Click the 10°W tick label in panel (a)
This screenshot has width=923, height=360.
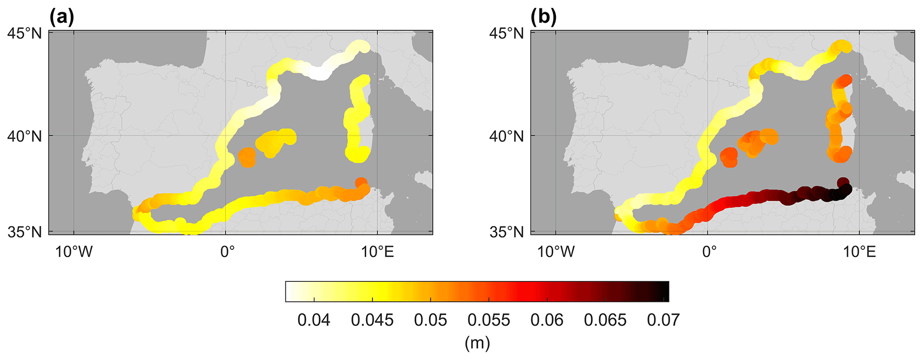click(74, 252)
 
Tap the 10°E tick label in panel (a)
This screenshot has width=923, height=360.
click(378, 252)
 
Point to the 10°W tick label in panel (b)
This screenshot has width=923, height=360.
click(555, 252)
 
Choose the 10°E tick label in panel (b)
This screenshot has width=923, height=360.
click(860, 252)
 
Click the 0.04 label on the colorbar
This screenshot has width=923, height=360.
click(314, 320)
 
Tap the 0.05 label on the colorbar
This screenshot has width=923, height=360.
click(430, 320)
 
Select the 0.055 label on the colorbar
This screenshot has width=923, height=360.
click(489, 320)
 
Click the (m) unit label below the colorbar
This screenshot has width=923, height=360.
click(477, 343)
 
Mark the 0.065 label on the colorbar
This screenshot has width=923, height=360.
click(605, 320)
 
